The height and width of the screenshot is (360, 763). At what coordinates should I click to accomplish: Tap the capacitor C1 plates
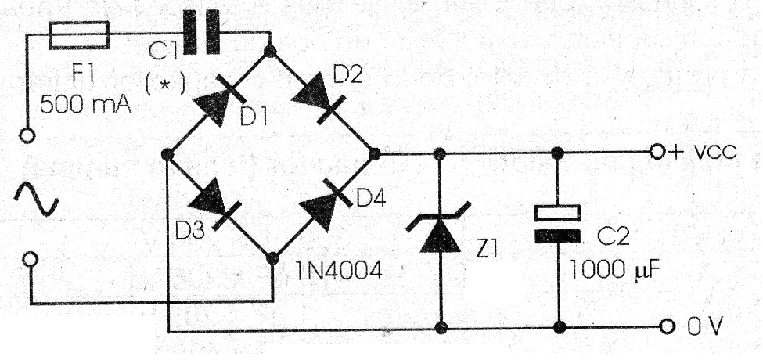click(200, 34)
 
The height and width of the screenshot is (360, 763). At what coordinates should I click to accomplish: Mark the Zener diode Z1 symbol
click(441, 231)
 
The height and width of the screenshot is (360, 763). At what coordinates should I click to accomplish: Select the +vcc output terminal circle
click(658, 153)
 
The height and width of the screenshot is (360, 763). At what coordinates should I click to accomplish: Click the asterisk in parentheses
click(165, 83)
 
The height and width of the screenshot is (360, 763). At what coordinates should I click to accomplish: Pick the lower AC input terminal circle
click(30, 259)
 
